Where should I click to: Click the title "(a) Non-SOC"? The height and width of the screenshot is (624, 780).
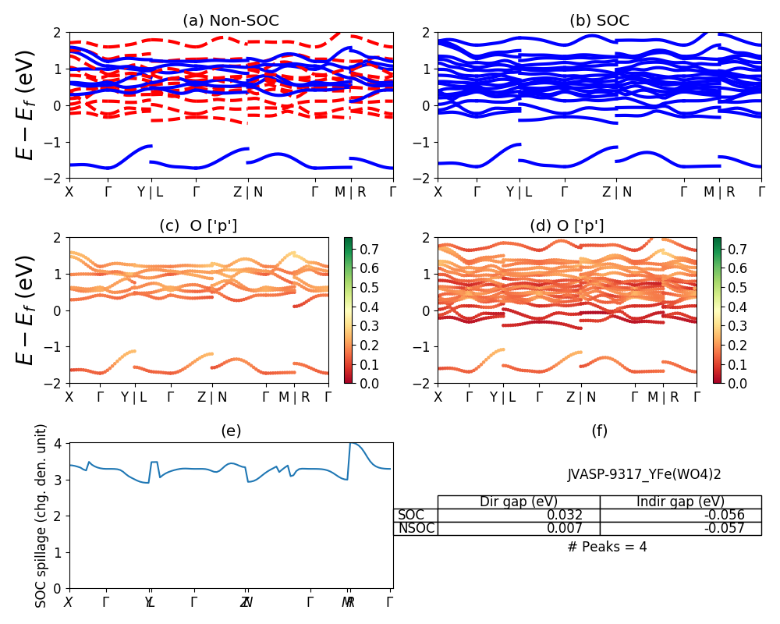(x=231, y=21)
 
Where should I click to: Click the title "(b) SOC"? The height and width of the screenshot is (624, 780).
(x=599, y=21)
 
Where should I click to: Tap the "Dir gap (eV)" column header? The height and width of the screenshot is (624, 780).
(x=518, y=502)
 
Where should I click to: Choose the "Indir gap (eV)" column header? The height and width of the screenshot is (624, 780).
(x=680, y=502)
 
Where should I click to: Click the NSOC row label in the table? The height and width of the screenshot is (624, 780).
(x=415, y=528)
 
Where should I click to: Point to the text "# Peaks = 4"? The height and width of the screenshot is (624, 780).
(x=607, y=547)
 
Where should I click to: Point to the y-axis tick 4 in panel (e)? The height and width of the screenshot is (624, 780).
(x=61, y=443)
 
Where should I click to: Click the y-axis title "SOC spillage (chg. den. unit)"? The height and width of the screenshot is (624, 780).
(x=41, y=516)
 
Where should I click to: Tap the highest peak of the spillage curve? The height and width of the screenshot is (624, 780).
(x=351, y=442)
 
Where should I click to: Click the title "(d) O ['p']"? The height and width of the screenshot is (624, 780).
(x=566, y=226)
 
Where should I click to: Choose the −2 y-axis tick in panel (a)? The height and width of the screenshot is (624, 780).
(x=56, y=179)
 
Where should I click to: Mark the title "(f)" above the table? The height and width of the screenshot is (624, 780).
(x=599, y=431)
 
